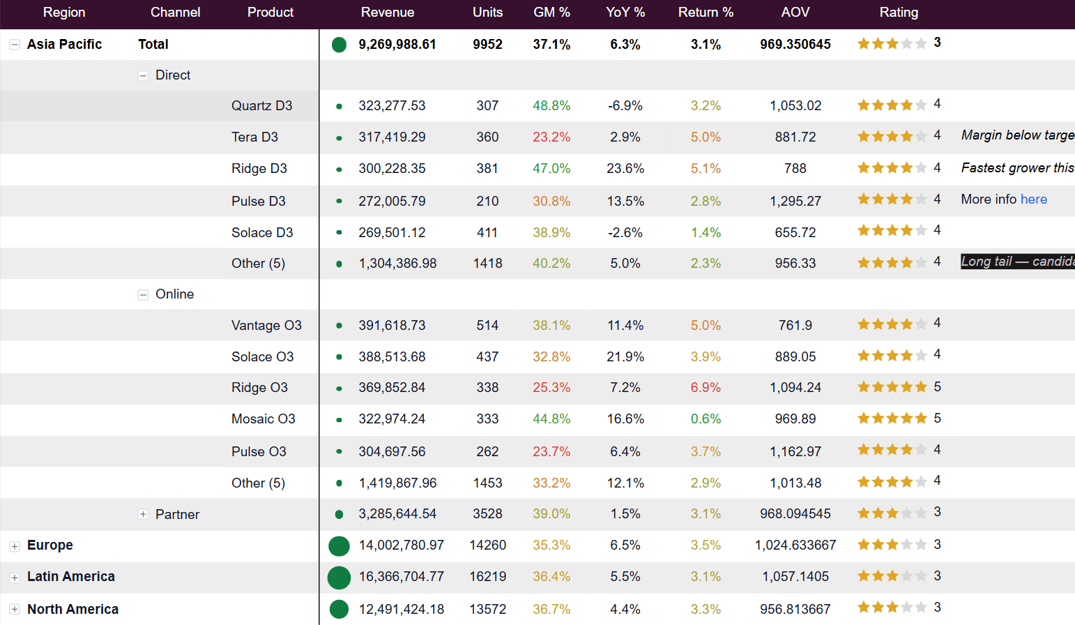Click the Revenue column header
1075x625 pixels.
pos(388,13)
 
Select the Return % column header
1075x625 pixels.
pos(706,13)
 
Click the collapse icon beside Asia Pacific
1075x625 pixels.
pos(15,45)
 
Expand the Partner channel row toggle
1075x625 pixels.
pos(143,514)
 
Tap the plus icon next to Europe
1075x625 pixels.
pos(15,545)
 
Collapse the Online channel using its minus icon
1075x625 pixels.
pos(143,295)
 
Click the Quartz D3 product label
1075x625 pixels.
pos(261,105)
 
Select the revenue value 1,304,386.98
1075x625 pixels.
pos(397,263)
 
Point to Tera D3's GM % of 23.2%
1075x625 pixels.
pos(551,137)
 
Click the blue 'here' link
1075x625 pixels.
pos(1034,199)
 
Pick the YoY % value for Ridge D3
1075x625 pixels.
pos(625,169)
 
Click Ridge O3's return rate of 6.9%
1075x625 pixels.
pos(706,387)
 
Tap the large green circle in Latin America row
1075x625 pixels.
pos(339,577)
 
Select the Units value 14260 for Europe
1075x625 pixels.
pos(487,545)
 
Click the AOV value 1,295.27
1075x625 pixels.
pos(795,201)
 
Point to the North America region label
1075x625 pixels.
pos(73,609)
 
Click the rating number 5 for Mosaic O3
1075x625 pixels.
pos(937,418)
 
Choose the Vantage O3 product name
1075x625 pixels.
pos(266,326)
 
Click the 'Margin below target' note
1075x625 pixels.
pos(1018,135)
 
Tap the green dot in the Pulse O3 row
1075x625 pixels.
pos(339,451)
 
